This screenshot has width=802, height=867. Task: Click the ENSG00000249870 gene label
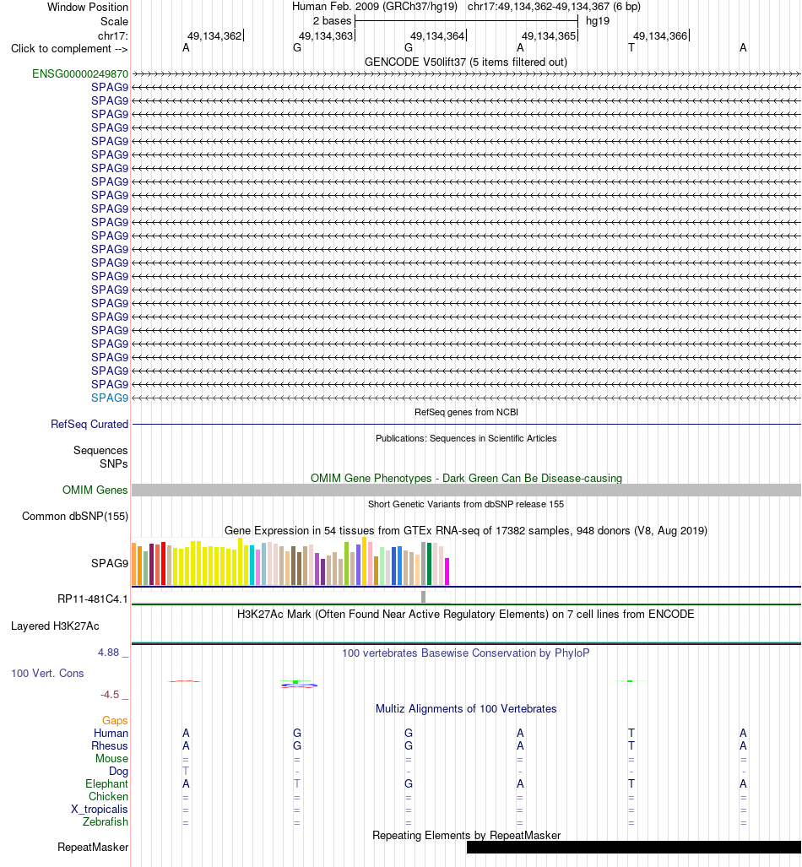point(80,74)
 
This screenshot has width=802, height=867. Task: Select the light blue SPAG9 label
point(110,398)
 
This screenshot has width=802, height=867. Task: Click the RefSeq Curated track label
point(89,424)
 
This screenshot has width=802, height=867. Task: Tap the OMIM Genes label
point(95,490)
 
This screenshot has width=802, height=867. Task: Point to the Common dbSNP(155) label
point(75,517)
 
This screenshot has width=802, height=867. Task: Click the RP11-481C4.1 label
point(93,599)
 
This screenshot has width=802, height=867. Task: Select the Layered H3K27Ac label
point(56,626)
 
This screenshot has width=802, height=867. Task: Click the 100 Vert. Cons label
point(47,674)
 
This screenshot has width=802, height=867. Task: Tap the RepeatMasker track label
point(93,847)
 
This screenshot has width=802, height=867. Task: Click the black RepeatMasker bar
point(634,847)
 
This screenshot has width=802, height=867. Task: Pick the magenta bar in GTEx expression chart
point(447,572)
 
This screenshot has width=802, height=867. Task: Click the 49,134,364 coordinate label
point(437,36)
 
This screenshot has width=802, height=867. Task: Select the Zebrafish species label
point(105,822)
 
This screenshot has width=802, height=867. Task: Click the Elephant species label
point(106,784)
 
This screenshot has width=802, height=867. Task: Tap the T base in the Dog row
point(186,772)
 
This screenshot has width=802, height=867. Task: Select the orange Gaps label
point(115,720)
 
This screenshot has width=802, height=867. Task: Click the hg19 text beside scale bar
point(598,21)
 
